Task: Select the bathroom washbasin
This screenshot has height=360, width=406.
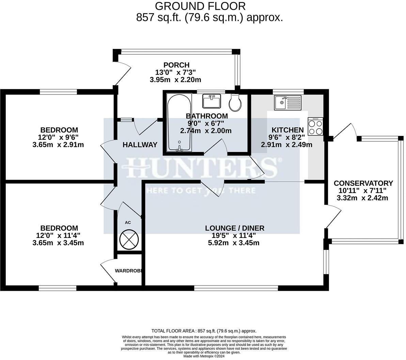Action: pos(212,101)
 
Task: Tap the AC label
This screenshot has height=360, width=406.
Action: pos(128,223)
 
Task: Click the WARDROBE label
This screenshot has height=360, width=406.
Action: pos(128,271)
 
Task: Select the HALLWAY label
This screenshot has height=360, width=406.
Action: pos(140,145)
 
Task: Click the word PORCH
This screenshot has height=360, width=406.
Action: pos(176,65)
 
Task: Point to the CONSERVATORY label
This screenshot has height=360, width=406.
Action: pos(363,183)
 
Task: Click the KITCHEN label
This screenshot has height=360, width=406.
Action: pos(287,130)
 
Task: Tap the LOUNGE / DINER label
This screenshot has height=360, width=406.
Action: pos(235,228)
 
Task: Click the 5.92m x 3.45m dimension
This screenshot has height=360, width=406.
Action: pos(234,243)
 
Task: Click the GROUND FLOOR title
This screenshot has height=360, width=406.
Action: pos(200,6)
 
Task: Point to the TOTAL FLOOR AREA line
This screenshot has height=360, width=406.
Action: pos(204,331)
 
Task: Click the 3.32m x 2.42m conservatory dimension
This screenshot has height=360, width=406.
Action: pos(362,198)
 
